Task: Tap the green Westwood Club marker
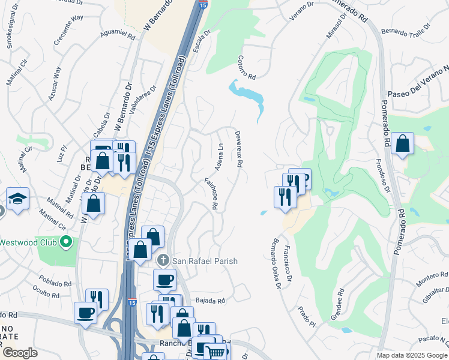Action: [x=67, y=242]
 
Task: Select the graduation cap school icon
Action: [x=18, y=199]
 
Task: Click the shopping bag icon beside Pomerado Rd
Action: [x=403, y=144]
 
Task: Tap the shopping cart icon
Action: [x=215, y=352]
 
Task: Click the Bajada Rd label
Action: [x=209, y=301]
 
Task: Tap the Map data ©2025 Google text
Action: [x=412, y=355]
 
